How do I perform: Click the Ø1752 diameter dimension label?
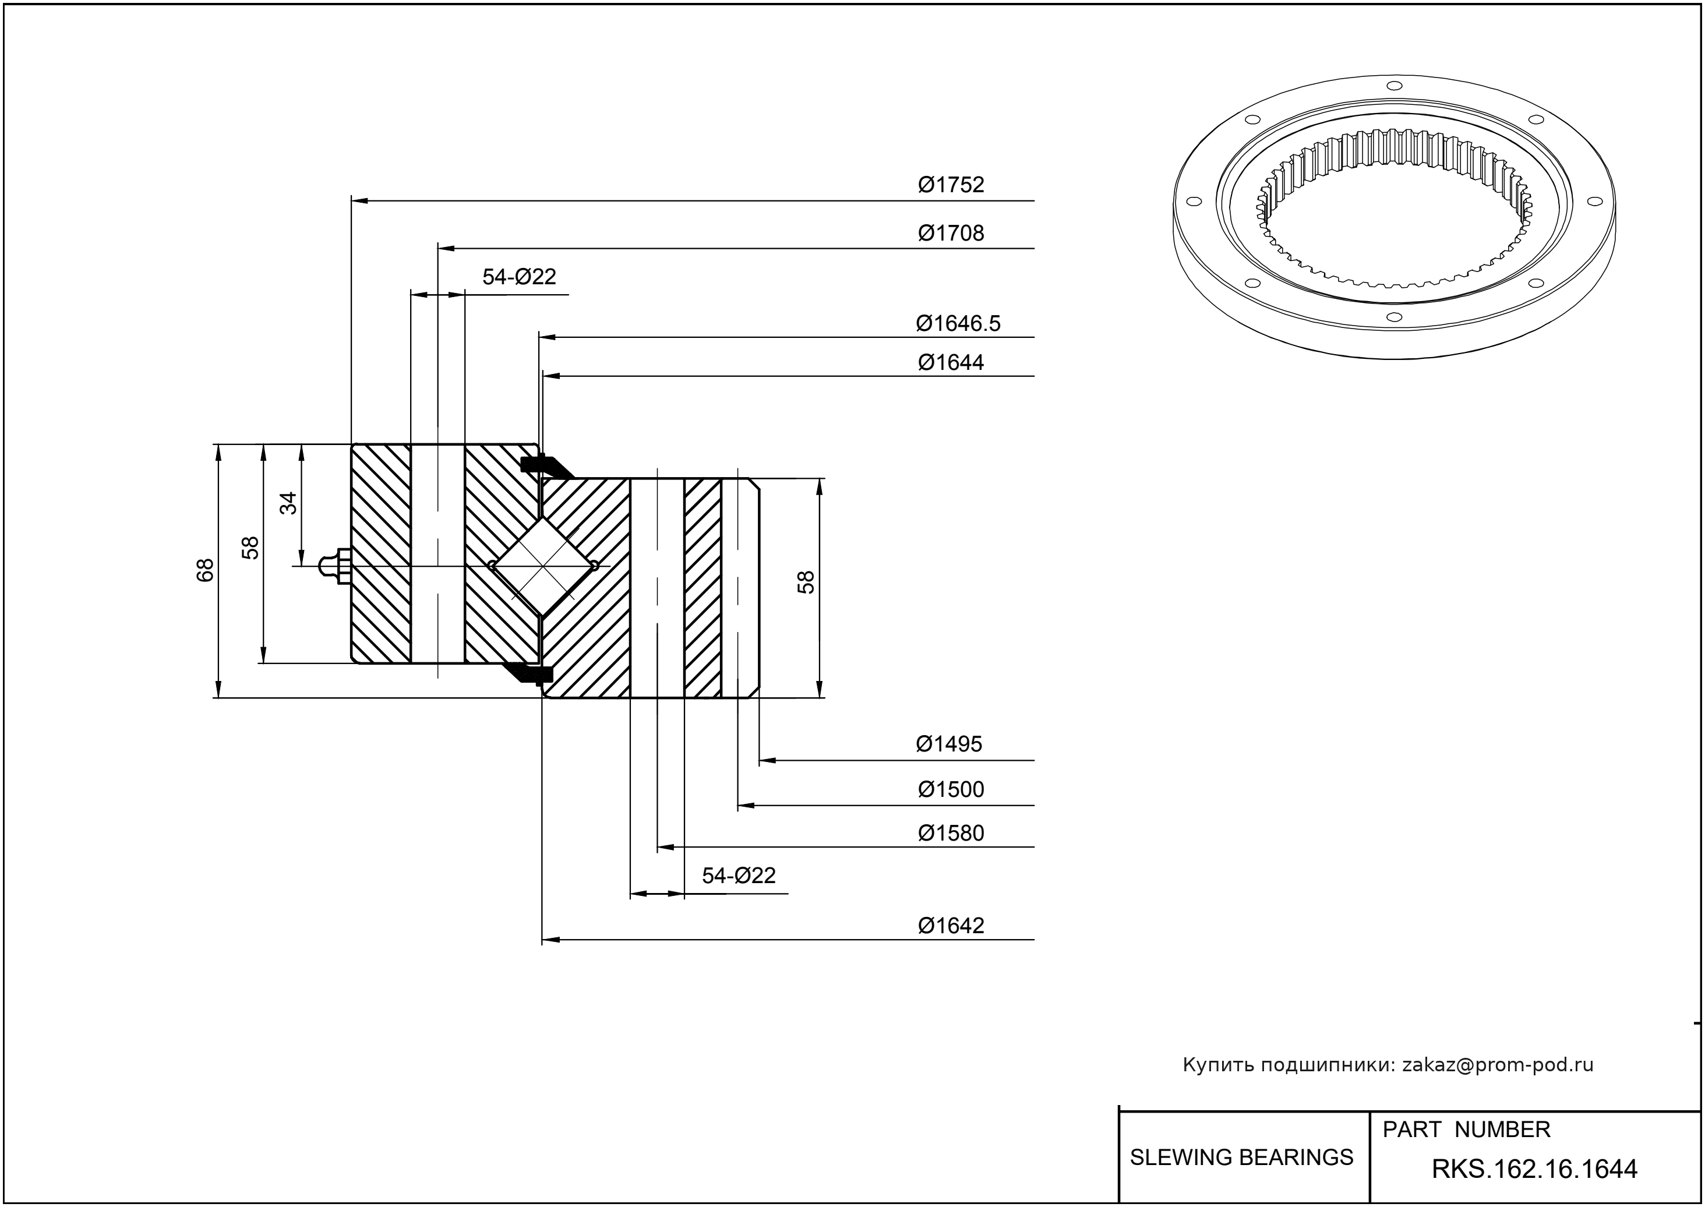point(951,184)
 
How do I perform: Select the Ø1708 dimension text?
point(951,234)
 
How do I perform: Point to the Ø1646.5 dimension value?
point(958,323)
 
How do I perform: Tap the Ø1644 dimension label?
point(951,363)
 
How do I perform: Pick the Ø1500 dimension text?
point(951,789)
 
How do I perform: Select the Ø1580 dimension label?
point(951,833)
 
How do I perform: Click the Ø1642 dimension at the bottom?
point(951,925)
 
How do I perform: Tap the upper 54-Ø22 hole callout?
point(519,277)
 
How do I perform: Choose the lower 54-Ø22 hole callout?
point(739,876)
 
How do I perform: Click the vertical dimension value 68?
point(205,570)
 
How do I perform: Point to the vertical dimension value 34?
point(288,503)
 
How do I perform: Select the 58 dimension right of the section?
point(806,582)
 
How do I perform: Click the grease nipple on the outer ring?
point(335,567)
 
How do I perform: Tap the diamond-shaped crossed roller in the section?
point(544,566)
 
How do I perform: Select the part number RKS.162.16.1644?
point(1534,1169)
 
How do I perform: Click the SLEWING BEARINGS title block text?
point(1241,1157)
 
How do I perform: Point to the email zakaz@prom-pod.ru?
point(1497,1065)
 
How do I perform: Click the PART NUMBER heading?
point(1466,1130)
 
